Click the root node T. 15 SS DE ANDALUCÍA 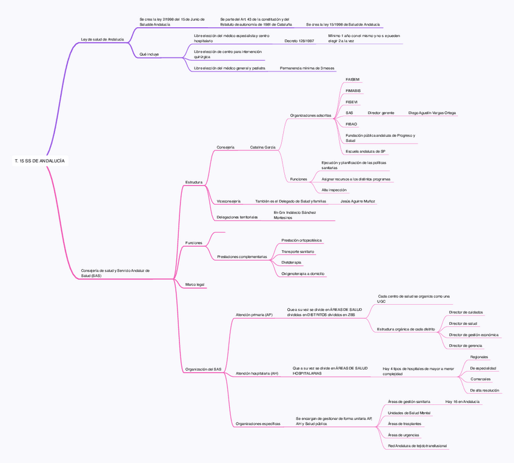point(39,161)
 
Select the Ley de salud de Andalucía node point(102,39)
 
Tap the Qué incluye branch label point(149,54)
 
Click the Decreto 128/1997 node point(299,41)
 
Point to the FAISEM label point(352,79)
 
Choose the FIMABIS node point(353,90)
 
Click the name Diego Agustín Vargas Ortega point(432,113)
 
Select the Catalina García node point(262,147)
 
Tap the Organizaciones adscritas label point(310,115)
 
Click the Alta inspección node point(334,190)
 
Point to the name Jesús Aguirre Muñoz point(358,201)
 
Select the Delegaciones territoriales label point(237,217)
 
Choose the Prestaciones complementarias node point(242,257)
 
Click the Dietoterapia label point(291,262)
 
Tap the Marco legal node point(195,284)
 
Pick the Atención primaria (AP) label point(254,315)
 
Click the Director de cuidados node point(466,313)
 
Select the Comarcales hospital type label point(480,379)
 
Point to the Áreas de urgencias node point(403,435)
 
